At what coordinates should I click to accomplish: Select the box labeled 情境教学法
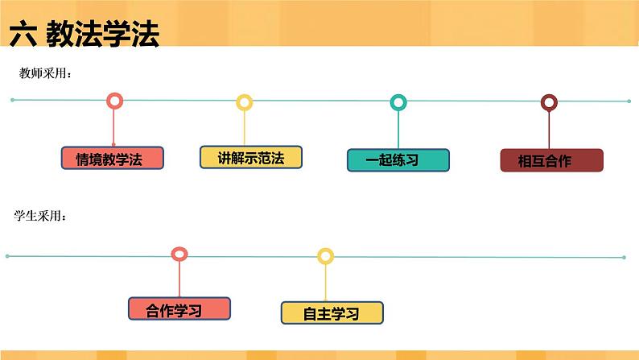click(x=113, y=158)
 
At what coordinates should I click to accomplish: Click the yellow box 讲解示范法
click(x=250, y=157)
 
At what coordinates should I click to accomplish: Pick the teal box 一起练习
click(x=398, y=159)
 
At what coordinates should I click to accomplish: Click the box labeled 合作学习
click(x=179, y=309)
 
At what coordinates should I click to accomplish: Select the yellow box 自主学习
click(x=332, y=312)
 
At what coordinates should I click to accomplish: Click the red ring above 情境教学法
click(x=114, y=101)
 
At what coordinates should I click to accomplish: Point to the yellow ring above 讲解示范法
click(x=244, y=102)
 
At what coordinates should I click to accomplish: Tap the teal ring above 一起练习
click(x=398, y=102)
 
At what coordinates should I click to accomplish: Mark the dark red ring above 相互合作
click(x=549, y=102)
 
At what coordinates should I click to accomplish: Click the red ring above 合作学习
click(x=179, y=254)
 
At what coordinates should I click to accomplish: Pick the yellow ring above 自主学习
click(x=325, y=256)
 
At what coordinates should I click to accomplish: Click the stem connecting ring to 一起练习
click(x=398, y=129)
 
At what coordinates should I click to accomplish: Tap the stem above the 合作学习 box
click(x=179, y=279)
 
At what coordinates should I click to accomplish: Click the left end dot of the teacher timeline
click(x=13, y=100)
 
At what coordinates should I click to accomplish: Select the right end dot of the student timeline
click(x=624, y=257)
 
